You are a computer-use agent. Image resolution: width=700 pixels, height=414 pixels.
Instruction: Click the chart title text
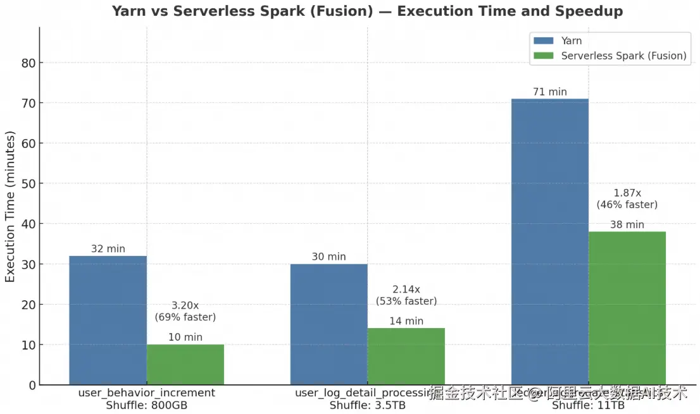367,11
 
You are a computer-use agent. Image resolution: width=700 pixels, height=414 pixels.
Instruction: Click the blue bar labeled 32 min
108,320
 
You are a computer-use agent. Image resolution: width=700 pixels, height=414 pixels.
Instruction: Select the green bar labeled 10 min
185,365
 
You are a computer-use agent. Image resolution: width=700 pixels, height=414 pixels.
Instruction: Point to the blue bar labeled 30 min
328,324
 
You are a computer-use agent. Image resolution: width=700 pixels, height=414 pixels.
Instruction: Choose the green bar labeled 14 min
406,356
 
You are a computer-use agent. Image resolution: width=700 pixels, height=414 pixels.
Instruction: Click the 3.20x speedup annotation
185,305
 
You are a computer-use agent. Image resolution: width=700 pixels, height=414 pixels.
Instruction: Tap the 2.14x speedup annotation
406,289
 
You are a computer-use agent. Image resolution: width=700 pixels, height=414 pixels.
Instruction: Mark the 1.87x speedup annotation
627,193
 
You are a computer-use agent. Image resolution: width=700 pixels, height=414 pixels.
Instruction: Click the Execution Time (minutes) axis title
10,207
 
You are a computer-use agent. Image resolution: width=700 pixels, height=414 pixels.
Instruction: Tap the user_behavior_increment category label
146,393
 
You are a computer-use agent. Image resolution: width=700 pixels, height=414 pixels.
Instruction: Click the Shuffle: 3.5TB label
367,405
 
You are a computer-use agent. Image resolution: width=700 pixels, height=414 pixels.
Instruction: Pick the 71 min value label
549,92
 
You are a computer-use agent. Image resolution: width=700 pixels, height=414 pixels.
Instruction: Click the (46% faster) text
627,205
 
